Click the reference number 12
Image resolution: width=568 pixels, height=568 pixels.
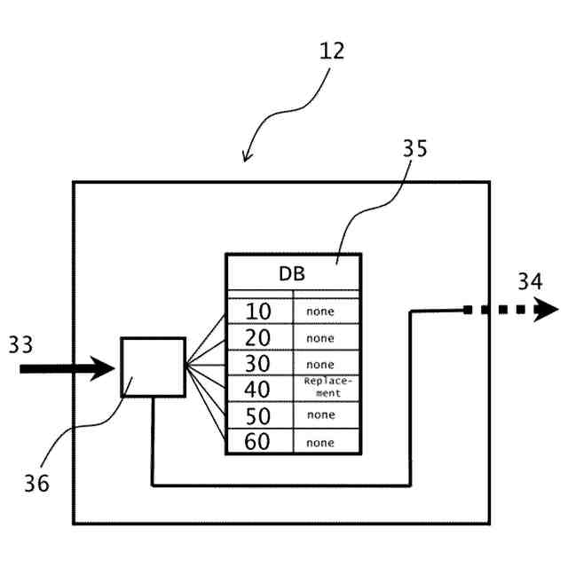click(x=332, y=51)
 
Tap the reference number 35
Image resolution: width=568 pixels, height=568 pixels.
click(x=414, y=148)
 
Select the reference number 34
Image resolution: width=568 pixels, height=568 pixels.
click(x=530, y=282)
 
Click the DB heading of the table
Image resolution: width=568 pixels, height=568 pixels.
click(x=292, y=273)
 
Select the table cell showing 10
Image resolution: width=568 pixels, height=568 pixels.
click(x=258, y=312)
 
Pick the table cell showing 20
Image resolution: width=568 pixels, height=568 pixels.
click(x=258, y=337)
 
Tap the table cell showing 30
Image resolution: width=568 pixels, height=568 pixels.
click(x=258, y=363)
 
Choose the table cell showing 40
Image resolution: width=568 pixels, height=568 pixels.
click(x=258, y=388)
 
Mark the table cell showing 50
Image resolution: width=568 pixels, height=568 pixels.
click(x=258, y=414)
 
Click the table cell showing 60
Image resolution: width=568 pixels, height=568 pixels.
click(x=258, y=441)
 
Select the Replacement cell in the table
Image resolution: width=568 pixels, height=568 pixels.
click(x=326, y=388)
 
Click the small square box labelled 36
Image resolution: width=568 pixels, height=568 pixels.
click(x=153, y=367)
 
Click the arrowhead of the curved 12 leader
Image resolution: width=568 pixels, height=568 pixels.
click(x=247, y=158)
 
